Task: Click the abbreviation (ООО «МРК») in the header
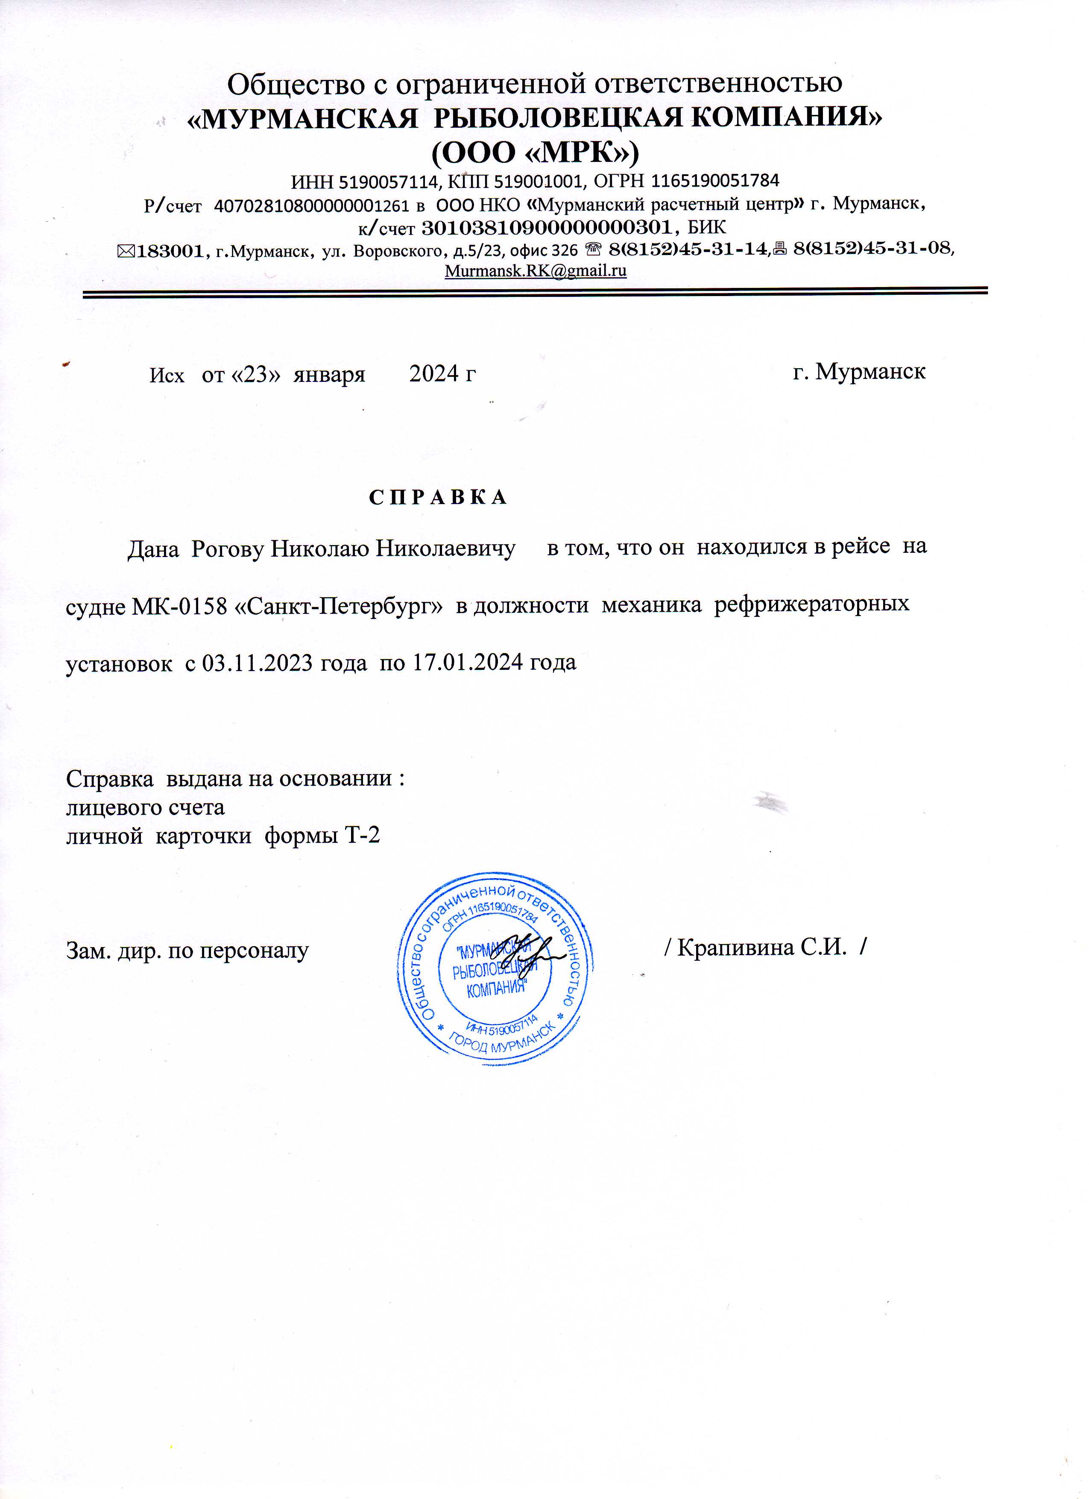coord(535,153)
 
